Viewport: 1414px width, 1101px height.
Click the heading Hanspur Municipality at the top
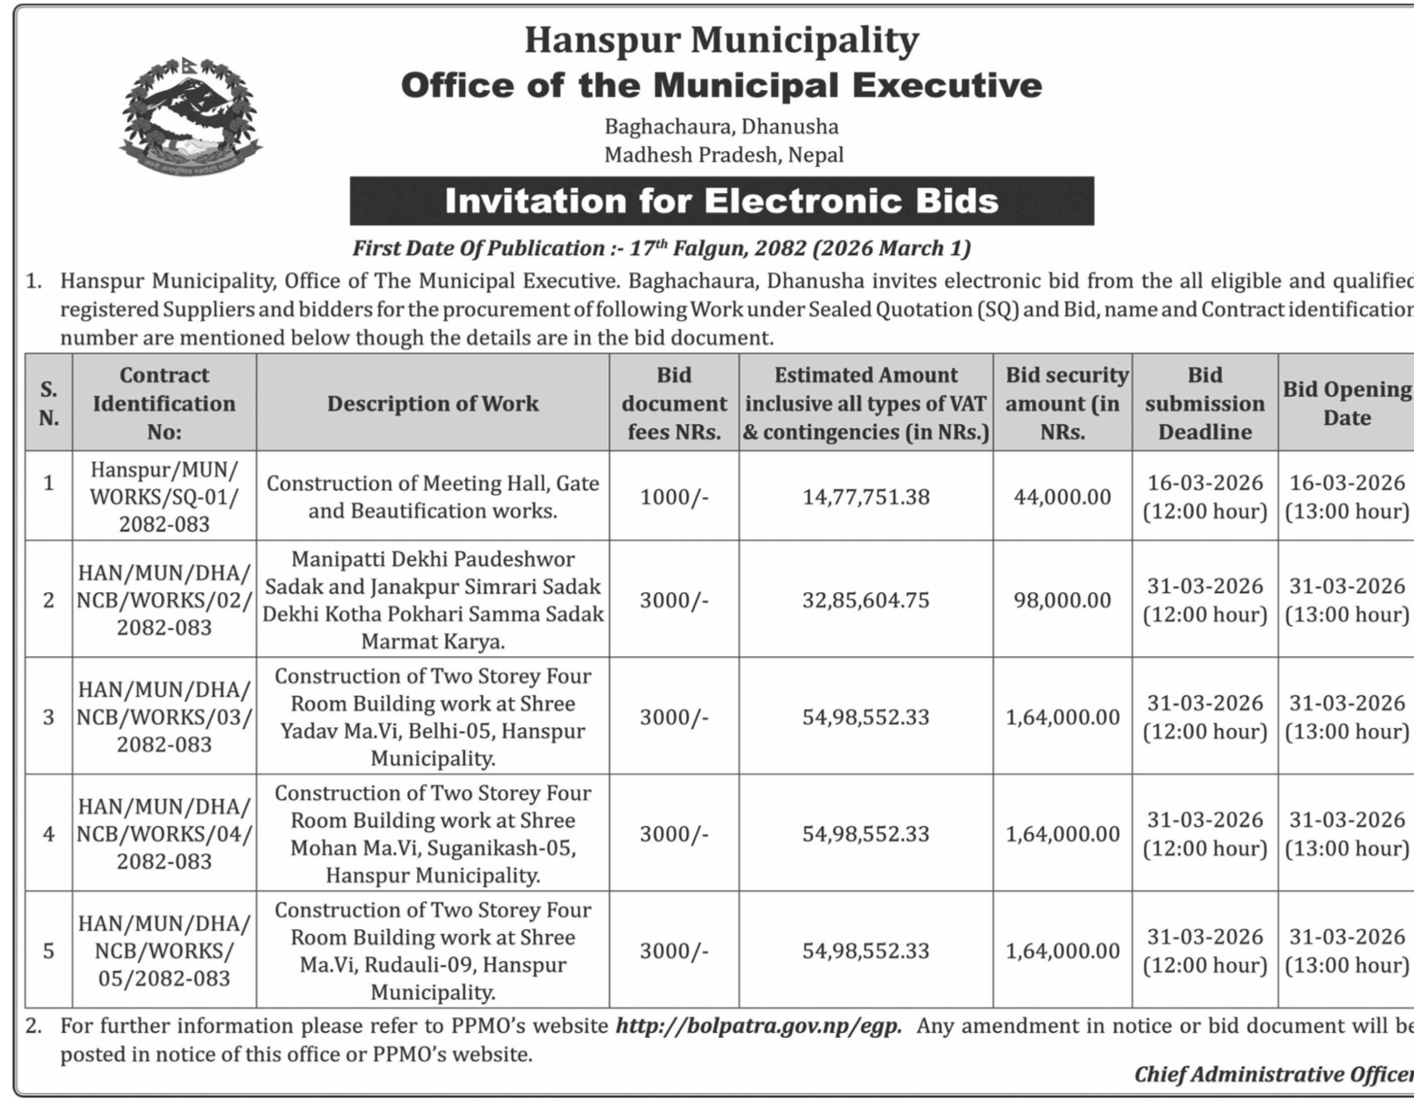(x=721, y=40)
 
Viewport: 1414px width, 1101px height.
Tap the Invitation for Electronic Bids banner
(x=721, y=201)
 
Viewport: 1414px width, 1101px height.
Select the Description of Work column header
(x=433, y=403)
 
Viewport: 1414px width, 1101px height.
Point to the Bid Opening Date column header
(x=1346, y=403)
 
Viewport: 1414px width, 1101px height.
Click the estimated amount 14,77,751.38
(x=865, y=496)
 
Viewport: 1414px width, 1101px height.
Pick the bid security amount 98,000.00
(x=1062, y=600)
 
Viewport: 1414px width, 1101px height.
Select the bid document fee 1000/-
(x=674, y=496)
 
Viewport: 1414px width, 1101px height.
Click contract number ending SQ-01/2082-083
(x=164, y=496)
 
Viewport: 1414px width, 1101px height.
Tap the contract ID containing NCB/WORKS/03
(x=164, y=717)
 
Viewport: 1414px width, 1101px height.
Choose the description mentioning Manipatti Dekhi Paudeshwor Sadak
(x=433, y=600)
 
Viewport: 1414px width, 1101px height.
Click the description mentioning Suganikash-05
(x=433, y=834)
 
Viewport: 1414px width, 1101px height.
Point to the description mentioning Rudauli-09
(x=433, y=951)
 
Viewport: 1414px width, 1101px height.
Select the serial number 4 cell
(x=49, y=834)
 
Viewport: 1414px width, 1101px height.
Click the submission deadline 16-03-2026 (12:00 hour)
(x=1204, y=496)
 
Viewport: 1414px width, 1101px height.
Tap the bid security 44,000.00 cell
(x=1062, y=496)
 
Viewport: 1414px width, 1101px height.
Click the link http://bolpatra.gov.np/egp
(x=758, y=1026)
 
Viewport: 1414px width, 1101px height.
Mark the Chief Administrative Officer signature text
(x=1272, y=1074)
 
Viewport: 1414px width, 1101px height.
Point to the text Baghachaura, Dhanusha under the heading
(x=721, y=127)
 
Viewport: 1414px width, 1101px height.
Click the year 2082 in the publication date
(x=780, y=248)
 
